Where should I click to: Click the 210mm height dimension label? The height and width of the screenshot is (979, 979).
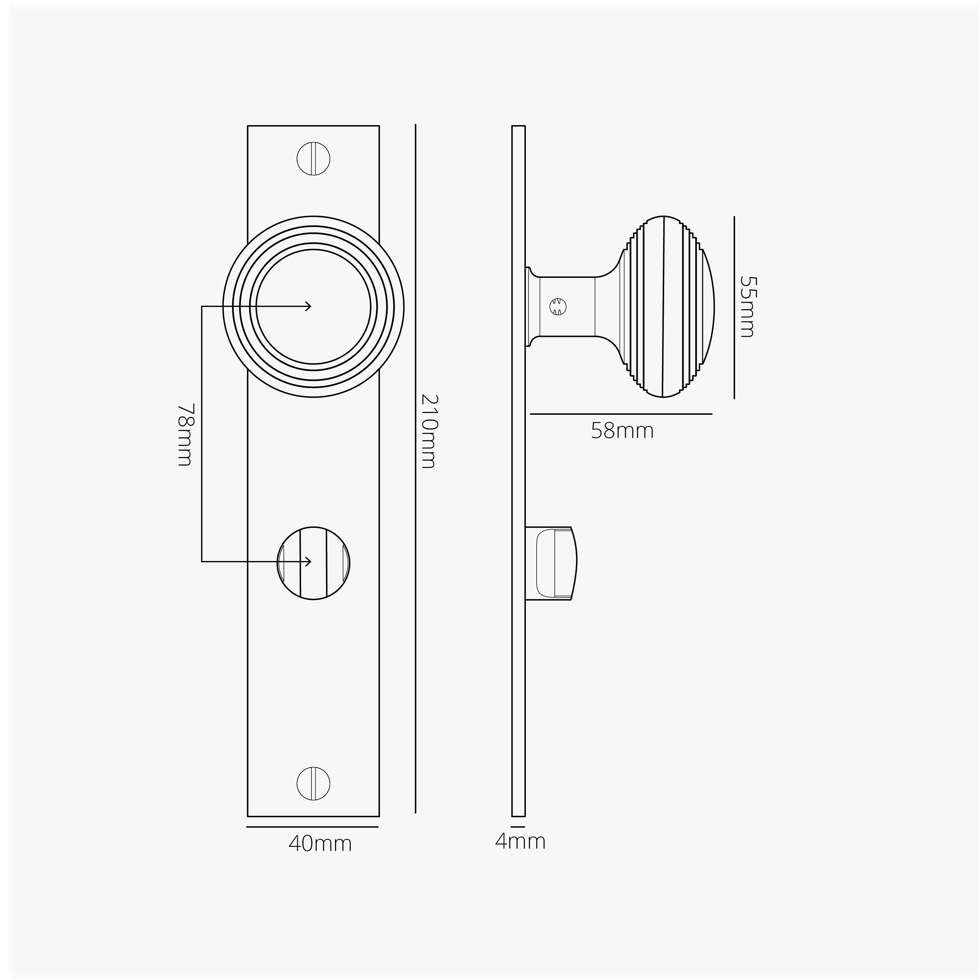point(428,431)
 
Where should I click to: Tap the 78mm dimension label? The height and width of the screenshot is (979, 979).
point(185,434)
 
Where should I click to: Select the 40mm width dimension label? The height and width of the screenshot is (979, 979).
point(320,844)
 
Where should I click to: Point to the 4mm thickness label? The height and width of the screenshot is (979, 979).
point(520,842)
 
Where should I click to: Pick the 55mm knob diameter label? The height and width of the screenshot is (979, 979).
point(747,307)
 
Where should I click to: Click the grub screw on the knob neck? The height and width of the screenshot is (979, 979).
point(557,307)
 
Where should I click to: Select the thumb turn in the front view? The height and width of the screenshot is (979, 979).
point(313,563)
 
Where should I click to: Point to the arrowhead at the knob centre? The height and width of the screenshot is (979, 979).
point(309,306)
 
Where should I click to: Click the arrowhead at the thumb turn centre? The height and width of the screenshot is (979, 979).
point(309,561)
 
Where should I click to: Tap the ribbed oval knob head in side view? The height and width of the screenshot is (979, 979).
point(666,307)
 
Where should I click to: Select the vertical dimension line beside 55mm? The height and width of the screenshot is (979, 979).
point(734,307)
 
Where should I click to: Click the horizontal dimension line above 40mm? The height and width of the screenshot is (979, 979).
point(313,827)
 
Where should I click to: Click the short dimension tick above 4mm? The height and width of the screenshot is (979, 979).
point(518,827)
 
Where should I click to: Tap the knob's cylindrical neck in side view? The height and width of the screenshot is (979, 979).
point(567,307)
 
